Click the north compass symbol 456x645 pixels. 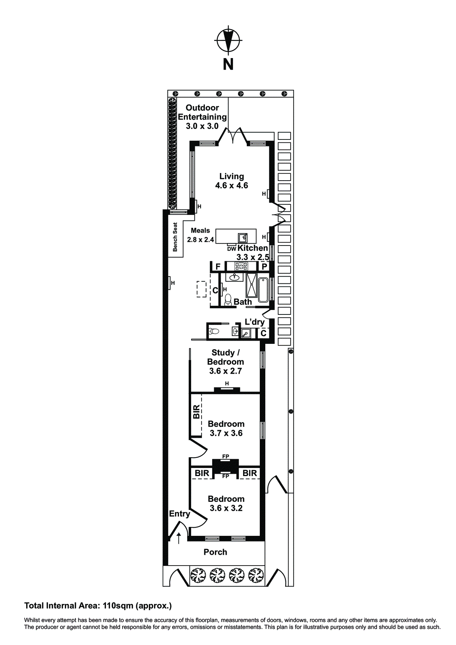pos(228,40)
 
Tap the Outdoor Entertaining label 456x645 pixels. pos(202,117)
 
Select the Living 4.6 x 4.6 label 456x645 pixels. pos(231,181)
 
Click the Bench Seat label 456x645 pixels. pos(175,237)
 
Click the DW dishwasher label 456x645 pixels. pos(231,249)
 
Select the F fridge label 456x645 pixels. pos(218,266)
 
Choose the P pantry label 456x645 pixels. pos(264,266)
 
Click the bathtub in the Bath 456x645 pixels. pos(264,290)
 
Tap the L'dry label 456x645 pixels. pos(255,322)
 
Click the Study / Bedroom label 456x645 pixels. pos(225,362)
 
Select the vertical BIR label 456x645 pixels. pos(196,412)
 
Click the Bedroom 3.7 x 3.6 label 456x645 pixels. pos(226,428)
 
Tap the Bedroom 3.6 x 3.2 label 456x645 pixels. pos(226,504)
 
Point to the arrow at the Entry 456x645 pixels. pos(179,538)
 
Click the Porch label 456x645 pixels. pos(215,552)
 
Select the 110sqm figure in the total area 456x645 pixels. pos(118,606)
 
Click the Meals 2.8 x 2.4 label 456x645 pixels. pos(200,235)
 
